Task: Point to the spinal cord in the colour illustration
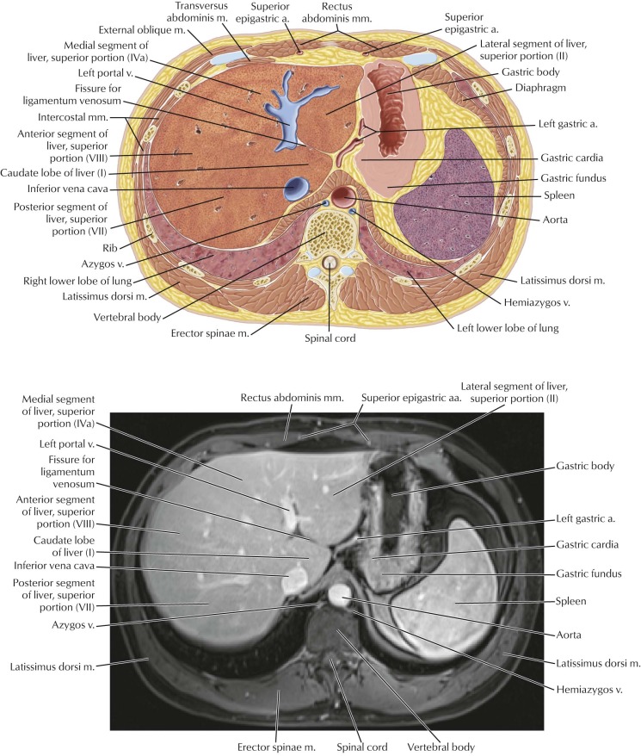click(330, 263)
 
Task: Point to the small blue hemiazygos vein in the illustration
click(352, 212)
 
